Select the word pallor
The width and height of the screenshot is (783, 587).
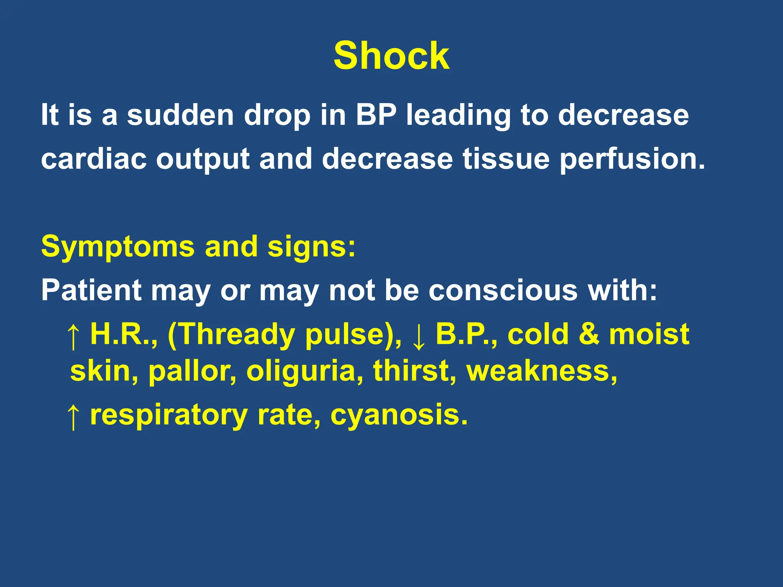(192, 371)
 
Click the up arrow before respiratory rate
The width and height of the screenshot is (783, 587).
(73, 417)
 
